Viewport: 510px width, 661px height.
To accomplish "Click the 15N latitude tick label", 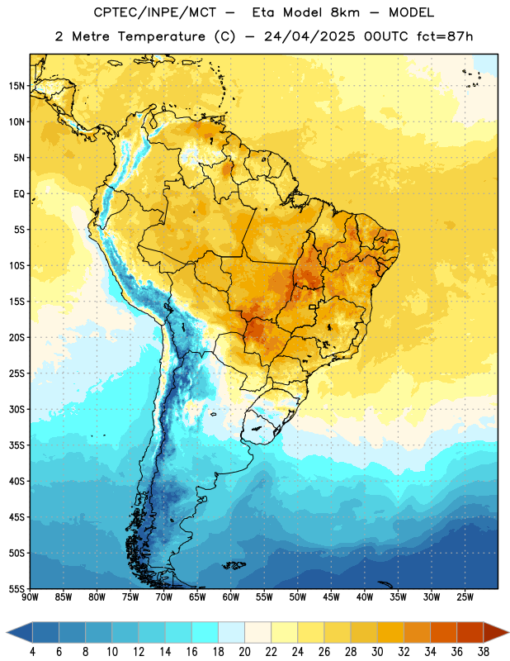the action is (x=17, y=86).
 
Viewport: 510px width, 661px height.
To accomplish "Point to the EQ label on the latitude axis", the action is (x=19, y=194).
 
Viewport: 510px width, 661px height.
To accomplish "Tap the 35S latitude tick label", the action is (x=17, y=445).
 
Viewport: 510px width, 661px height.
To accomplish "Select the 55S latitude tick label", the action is (x=17, y=588).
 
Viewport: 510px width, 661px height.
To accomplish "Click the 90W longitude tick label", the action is (x=30, y=597).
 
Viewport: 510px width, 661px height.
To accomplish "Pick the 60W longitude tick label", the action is (x=231, y=597).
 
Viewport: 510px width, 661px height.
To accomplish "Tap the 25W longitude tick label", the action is (x=465, y=597).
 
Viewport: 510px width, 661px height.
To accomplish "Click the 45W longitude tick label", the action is (x=331, y=597).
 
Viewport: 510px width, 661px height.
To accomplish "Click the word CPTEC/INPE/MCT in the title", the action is (x=155, y=12).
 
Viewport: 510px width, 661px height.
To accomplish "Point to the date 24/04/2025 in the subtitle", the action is (x=309, y=36).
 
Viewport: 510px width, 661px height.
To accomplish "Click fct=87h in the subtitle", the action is (x=445, y=36).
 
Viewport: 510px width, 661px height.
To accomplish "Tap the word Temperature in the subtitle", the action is (x=162, y=36).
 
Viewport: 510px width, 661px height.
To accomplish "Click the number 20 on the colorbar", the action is (x=244, y=652).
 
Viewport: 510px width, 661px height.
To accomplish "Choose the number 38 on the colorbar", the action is (x=484, y=652).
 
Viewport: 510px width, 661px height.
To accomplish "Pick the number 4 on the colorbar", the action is (x=32, y=652).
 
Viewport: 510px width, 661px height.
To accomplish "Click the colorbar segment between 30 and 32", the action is (x=390, y=632).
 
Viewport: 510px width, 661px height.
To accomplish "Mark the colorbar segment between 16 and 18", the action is (x=205, y=632).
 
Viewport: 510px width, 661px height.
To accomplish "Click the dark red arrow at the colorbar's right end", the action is (x=496, y=632).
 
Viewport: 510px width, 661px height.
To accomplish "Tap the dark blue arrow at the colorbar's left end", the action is (x=20, y=632).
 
